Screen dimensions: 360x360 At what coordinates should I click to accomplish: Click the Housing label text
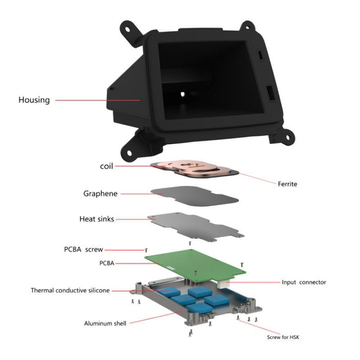click(34, 100)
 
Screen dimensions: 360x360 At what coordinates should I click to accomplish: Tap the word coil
click(107, 166)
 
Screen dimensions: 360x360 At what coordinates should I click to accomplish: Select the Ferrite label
click(288, 184)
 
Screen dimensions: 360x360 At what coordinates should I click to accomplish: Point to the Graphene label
click(100, 193)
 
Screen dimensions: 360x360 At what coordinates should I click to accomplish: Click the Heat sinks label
click(97, 219)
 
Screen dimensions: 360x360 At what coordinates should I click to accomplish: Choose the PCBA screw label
click(83, 249)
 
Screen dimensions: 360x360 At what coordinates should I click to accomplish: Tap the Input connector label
click(304, 282)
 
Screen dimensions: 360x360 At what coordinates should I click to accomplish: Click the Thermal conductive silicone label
click(70, 290)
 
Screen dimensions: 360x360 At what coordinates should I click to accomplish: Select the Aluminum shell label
click(105, 324)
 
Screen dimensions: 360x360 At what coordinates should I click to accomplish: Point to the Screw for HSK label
click(283, 337)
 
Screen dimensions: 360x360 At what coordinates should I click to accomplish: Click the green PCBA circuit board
click(195, 265)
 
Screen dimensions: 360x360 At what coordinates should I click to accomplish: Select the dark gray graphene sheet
click(194, 196)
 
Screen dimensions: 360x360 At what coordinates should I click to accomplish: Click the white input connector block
click(223, 285)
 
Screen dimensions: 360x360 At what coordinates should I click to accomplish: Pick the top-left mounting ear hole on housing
click(127, 29)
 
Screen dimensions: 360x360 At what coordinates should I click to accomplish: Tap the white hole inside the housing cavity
click(183, 94)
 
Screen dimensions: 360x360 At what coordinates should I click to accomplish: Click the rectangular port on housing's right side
click(271, 93)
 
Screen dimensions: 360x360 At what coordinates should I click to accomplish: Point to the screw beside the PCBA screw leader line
click(146, 250)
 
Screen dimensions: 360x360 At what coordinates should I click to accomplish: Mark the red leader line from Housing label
click(98, 100)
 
